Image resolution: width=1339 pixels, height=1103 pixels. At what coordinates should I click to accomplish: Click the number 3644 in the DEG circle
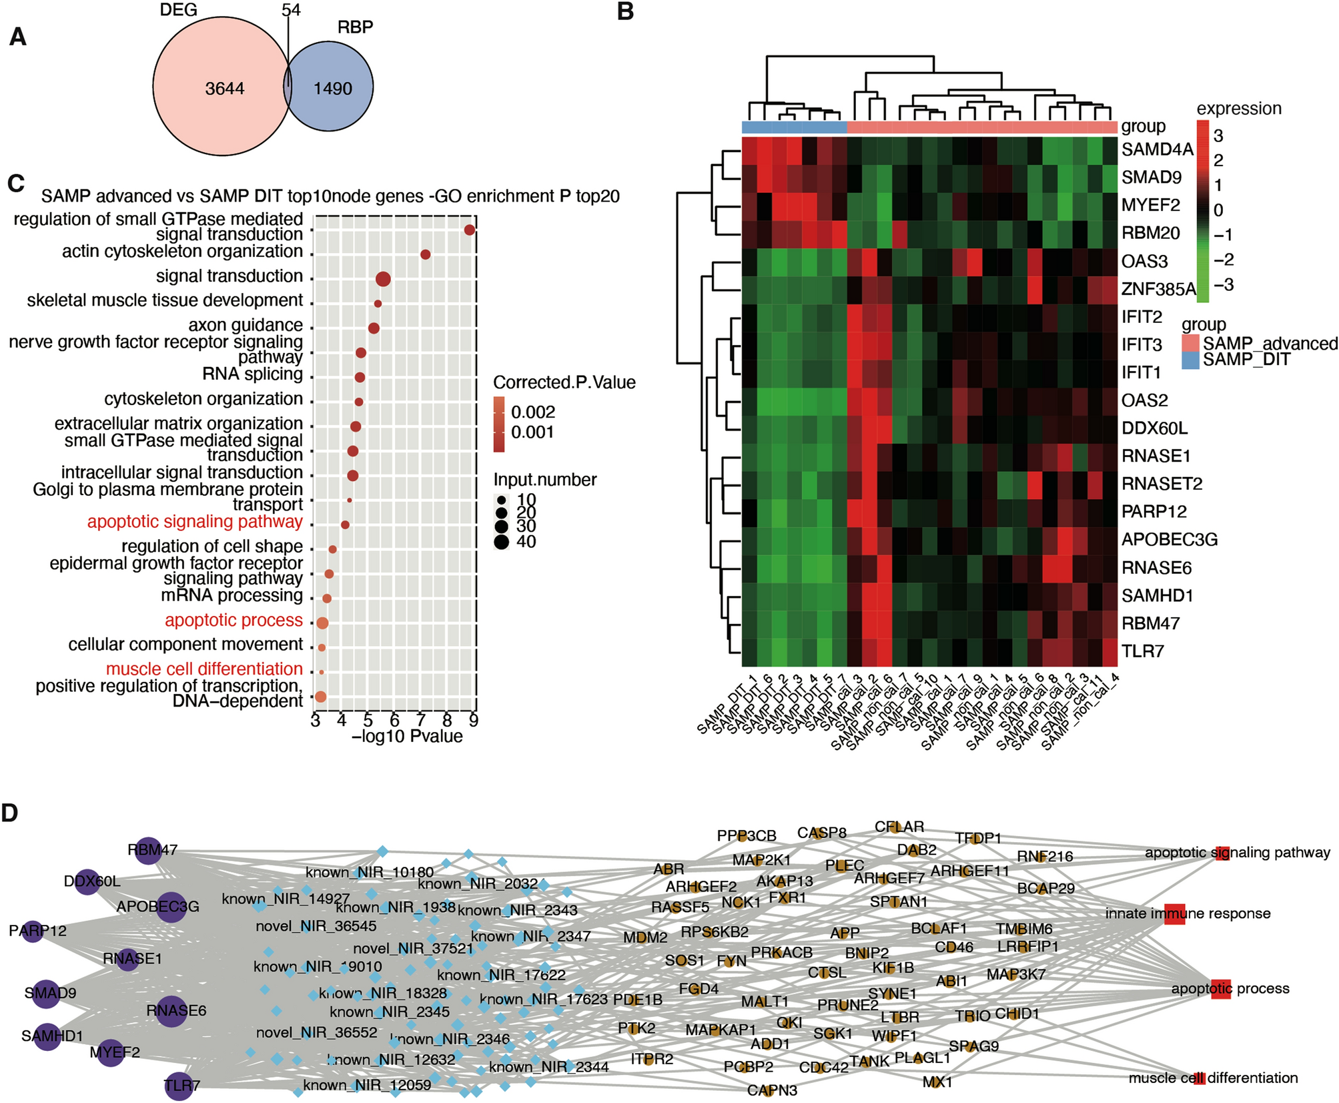click(224, 89)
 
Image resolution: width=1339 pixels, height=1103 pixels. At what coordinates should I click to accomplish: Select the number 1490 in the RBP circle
click(332, 88)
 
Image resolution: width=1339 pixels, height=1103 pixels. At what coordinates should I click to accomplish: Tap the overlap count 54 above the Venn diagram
click(291, 10)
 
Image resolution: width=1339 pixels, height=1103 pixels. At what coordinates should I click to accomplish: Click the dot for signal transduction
click(383, 280)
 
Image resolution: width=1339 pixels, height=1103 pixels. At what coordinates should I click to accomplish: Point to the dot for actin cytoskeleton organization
click(426, 254)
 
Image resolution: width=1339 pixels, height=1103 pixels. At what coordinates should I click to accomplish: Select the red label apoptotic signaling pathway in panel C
click(195, 522)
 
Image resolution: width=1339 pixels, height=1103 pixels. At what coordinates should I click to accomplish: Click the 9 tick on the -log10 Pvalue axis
click(473, 721)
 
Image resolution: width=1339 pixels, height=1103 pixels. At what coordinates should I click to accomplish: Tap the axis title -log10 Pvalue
click(407, 737)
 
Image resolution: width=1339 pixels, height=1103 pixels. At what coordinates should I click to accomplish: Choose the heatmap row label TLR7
click(1142, 651)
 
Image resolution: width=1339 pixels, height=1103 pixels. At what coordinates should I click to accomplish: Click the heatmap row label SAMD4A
click(1157, 149)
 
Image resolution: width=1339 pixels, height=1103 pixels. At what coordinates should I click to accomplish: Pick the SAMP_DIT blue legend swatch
click(1190, 361)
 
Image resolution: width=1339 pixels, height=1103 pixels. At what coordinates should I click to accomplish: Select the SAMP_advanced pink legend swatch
click(1190, 344)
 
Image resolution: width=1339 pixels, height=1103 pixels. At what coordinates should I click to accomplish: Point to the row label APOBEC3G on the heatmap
click(1170, 539)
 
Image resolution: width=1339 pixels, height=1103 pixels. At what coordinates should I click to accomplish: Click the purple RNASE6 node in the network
click(172, 1010)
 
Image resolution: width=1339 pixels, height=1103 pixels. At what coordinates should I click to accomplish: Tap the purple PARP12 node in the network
click(33, 930)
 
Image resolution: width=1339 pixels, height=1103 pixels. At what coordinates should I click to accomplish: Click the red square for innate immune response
click(1174, 914)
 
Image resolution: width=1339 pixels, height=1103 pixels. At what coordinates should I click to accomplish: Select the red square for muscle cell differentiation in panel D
click(1200, 1078)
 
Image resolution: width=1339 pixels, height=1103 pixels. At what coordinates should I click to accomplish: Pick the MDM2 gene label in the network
click(645, 938)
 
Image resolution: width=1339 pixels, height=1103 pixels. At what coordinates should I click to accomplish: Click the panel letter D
click(9, 813)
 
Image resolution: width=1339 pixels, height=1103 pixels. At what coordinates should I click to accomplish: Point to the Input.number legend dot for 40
click(502, 542)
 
